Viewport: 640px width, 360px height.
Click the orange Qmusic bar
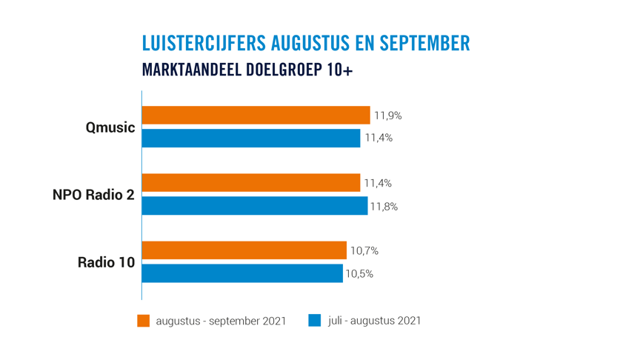click(256, 115)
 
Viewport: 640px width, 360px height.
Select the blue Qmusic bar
click(250, 138)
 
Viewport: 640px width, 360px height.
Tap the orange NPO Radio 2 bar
click(250, 183)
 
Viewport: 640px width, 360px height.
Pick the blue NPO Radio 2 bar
click(254, 206)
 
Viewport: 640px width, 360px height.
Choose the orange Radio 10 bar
click(244, 250)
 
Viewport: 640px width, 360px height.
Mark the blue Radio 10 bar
click(242, 273)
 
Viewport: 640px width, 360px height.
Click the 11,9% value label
click(388, 116)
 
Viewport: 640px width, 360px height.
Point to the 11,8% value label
click(384, 207)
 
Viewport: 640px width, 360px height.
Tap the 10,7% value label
click(364, 251)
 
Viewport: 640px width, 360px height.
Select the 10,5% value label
click(359, 274)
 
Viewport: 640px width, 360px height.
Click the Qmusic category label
click(110, 127)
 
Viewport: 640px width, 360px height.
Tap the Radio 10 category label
click(106, 262)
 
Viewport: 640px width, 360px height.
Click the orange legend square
click(144, 321)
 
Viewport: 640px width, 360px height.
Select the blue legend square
click(315, 321)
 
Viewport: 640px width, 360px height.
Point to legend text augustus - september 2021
click(221, 321)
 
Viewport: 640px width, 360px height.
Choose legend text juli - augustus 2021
click(374, 321)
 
